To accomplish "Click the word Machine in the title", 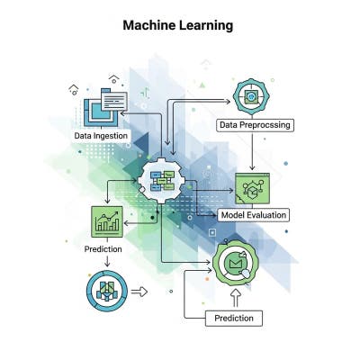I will pos(150,25).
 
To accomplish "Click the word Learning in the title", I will pos(207,25).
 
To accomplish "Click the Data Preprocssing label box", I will pos(254,124).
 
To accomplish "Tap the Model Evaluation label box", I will pos(254,214).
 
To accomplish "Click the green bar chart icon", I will pos(107,221).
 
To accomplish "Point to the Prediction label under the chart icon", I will pos(103,249).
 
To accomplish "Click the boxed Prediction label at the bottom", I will pos(234,318).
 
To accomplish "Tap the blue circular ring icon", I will pos(105,291).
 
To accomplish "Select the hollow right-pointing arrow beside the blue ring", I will pos(139,291).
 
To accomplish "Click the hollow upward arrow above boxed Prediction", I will pos(236,295).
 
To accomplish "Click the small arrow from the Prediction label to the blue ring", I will pos(107,262).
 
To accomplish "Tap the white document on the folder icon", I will pos(114,102).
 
